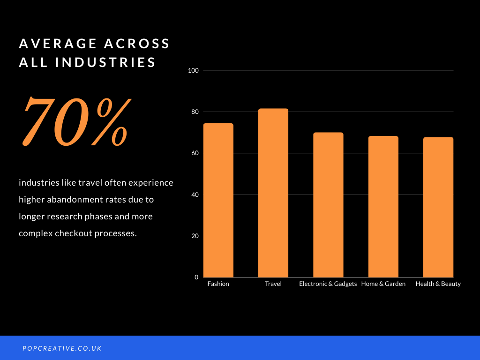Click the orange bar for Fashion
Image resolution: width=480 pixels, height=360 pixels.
click(x=218, y=200)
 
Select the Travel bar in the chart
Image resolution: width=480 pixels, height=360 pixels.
click(x=273, y=193)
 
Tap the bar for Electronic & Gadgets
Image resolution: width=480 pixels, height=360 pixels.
click(x=328, y=205)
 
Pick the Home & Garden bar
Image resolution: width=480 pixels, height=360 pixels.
click(x=383, y=207)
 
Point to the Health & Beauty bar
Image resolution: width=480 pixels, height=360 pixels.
click(x=438, y=207)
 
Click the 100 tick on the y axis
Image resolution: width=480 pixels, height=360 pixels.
click(x=193, y=70)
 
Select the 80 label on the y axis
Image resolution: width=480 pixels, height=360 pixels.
click(x=195, y=112)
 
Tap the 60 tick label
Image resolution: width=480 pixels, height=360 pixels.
click(x=195, y=153)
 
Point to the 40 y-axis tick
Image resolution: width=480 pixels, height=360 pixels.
click(x=195, y=195)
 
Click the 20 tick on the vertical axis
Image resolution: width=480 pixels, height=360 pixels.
click(x=195, y=236)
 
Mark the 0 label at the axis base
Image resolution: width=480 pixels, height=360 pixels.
click(x=196, y=277)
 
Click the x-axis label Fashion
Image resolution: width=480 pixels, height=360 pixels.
click(x=218, y=284)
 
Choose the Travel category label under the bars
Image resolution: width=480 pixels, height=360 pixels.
click(x=273, y=284)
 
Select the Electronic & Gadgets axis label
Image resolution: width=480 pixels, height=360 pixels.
click(x=328, y=284)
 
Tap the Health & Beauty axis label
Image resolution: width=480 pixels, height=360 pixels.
click(x=438, y=284)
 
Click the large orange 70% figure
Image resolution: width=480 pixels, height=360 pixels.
click(x=76, y=121)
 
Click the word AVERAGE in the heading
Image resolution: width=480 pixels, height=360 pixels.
click(x=58, y=44)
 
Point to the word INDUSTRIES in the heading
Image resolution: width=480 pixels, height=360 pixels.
click(x=105, y=62)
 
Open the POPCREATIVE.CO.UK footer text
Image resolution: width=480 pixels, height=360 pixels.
click(x=62, y=348)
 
